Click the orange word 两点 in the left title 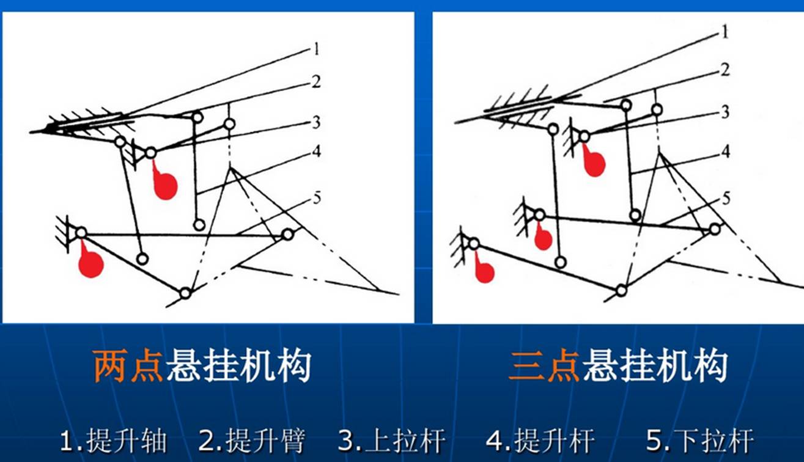pos(128,367)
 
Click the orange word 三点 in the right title pos(544,367)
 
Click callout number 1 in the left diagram pos(316,49)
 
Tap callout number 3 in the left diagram pos(316,123)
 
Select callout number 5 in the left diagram pos(317,198)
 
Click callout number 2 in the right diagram pos(725,70)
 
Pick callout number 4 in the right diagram pos(725,150)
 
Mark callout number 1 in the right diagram pos(725,32)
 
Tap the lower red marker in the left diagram pos(91,263)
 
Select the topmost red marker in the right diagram pos(593,163)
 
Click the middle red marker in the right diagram pos(543,238)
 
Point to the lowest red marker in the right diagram pos(484,271)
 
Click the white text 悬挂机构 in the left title pos(238,367)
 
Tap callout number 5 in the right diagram pos(726,198)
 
